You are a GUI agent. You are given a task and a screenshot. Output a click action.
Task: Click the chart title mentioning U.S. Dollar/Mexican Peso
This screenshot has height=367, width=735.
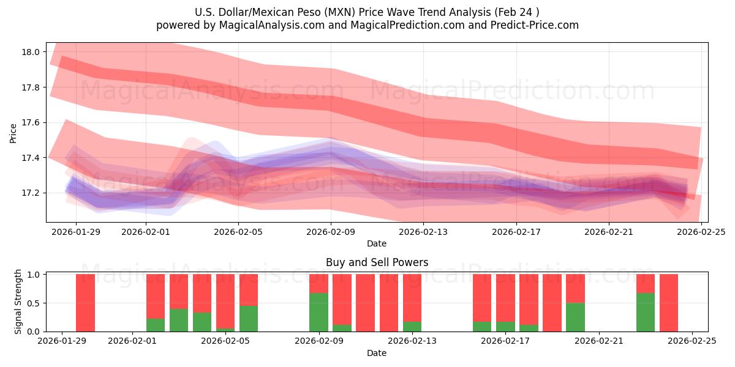[367, 12]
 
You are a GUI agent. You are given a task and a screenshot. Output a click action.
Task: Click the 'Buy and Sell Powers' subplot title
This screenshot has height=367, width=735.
[377, 262]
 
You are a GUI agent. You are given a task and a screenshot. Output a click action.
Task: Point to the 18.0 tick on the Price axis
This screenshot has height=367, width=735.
[31, 53]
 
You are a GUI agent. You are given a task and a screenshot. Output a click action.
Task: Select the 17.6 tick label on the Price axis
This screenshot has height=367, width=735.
[31, 123]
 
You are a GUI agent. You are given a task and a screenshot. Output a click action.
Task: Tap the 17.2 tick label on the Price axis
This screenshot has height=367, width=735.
[31, 193]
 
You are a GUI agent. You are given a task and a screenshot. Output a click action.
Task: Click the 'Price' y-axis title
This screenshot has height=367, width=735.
[13, 133]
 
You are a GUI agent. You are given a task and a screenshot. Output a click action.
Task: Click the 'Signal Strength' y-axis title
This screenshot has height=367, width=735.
[18, 302]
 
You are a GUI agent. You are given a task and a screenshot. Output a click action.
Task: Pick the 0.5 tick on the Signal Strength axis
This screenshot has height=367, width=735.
[34, 303]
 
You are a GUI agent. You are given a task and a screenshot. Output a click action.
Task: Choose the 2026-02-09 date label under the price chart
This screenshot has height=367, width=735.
[331, 232]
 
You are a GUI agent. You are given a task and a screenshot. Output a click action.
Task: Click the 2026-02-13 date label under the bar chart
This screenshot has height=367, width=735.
[412, 341]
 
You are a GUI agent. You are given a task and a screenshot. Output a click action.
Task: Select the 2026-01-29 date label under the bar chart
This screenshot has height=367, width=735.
[62, 341]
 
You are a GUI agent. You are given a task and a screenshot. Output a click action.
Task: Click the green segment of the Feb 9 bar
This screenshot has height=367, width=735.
[318, 312]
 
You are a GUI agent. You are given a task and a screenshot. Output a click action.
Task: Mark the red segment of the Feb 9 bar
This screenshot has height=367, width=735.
[318, 283]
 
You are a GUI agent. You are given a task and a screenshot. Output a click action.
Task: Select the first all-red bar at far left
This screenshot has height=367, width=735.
[85, 303]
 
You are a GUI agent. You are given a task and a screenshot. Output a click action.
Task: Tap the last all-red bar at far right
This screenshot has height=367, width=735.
[669, 303]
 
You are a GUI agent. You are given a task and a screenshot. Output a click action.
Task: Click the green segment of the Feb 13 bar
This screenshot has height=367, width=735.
[412, 327]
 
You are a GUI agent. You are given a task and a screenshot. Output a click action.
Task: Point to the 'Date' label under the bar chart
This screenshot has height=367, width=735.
[377, 353]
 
